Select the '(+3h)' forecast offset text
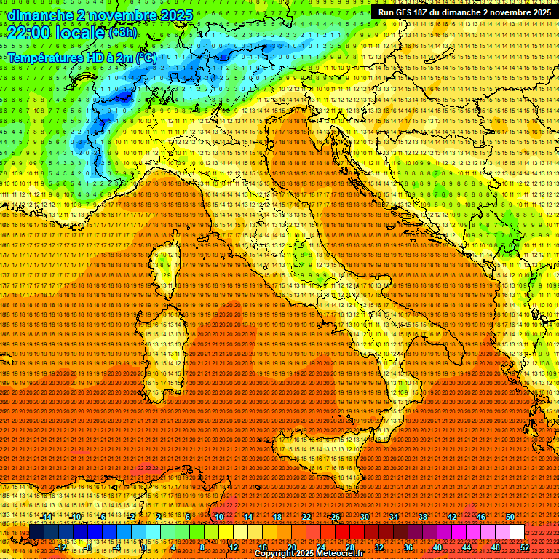pos(122,33)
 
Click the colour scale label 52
pos(525,547)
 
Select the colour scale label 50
pos(510,517)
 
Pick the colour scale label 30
pos(365,517)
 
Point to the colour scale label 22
pos(306,517)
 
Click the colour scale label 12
pos(234,547)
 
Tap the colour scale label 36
pos(408,547)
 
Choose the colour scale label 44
pos(467,547)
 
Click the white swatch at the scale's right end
pos(517,532)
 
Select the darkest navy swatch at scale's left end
pos(36,532)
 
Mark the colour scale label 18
pos(277,517)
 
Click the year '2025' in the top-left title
pos(176,15)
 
